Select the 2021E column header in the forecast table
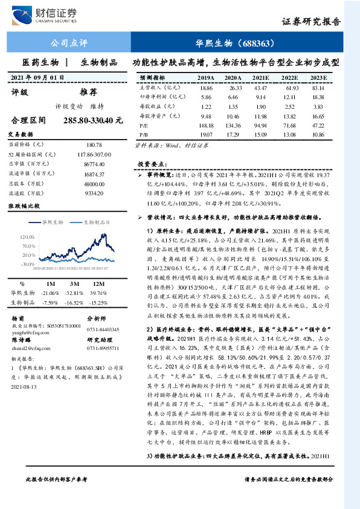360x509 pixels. point(260,78)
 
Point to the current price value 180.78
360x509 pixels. point(95,145)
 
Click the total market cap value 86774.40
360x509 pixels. point(95,164)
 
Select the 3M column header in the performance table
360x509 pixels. point(76,283)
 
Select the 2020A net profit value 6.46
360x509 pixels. point(233,97)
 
